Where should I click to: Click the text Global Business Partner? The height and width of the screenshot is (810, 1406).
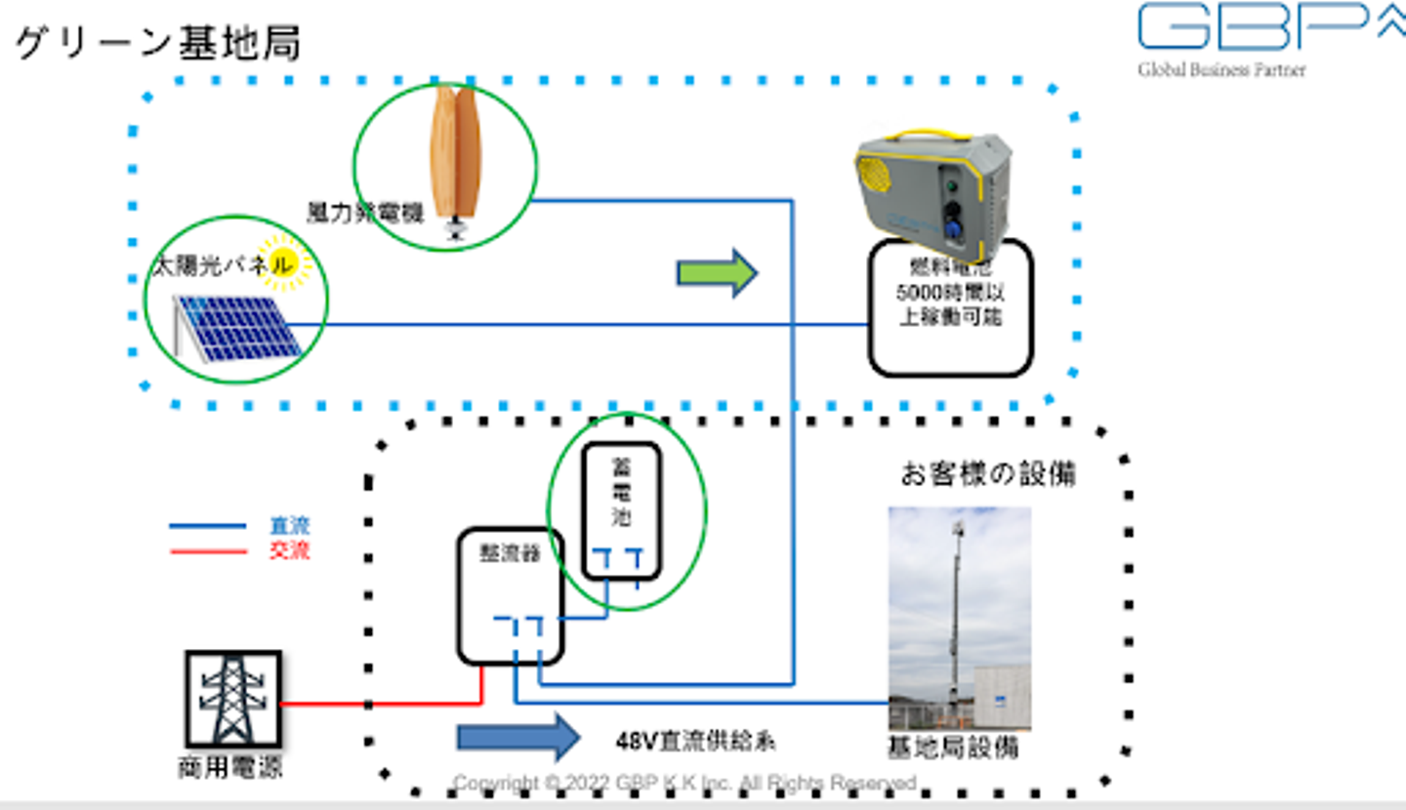click(x=1220, y=69)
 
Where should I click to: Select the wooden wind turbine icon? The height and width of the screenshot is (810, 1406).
click(x=455, y=156)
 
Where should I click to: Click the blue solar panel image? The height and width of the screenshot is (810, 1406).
click(x=238, y=326)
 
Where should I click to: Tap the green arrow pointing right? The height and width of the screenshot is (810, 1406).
click(x=717, y=273)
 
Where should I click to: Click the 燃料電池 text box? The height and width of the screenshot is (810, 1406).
click(x=950, y=306)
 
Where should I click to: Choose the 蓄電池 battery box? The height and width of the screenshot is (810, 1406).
click(x=621, y=510)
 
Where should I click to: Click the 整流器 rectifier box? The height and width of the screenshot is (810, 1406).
click(x=511, y=595)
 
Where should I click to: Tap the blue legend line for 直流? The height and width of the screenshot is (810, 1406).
click(x=207, y=527)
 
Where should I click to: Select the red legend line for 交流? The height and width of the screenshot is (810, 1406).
click(x=207, y=551)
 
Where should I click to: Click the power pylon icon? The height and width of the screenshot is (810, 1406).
click(x=232, y=700)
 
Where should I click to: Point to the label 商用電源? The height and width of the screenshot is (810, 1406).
click(x=230, y=767)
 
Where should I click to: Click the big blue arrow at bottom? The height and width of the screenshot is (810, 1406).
click(x=518, y=737)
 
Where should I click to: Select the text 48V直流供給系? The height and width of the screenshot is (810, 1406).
click(x=696, y=742)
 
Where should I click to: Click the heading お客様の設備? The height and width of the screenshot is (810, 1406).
click(x=987, y=474)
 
